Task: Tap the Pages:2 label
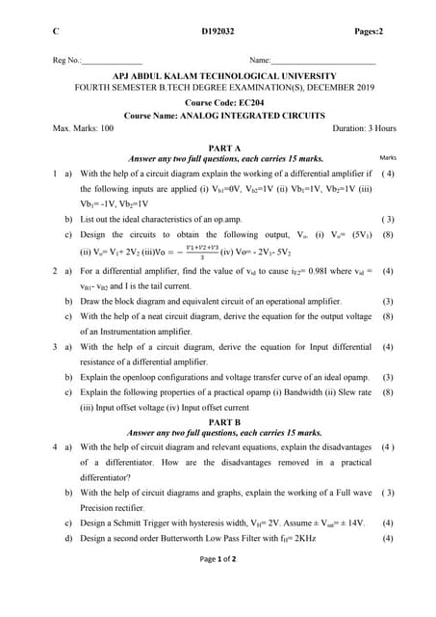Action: click(368, 32)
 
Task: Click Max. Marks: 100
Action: click(84, 128)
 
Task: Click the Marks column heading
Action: click(389, 157)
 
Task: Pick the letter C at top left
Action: click(56, 32)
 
